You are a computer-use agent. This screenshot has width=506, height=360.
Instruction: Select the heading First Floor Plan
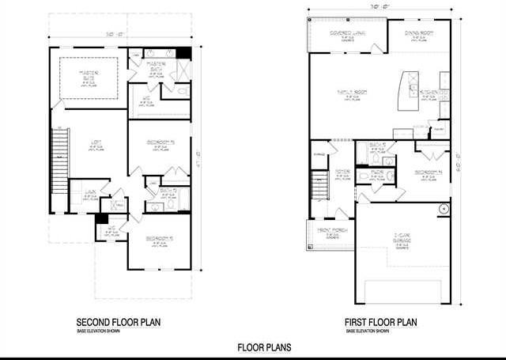point(380,323)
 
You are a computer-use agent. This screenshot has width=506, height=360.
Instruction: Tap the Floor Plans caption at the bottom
point(264,347)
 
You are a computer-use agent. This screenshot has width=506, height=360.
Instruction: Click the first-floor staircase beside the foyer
point(319,185)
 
